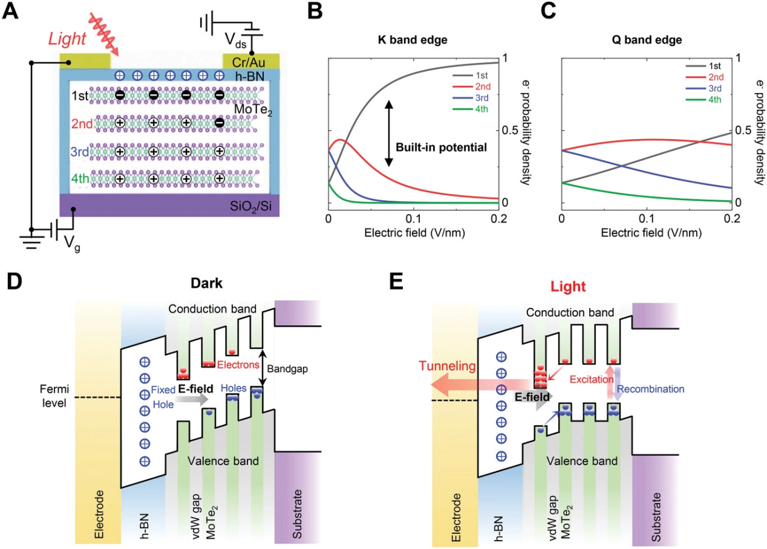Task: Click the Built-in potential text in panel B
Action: click(442, 146)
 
